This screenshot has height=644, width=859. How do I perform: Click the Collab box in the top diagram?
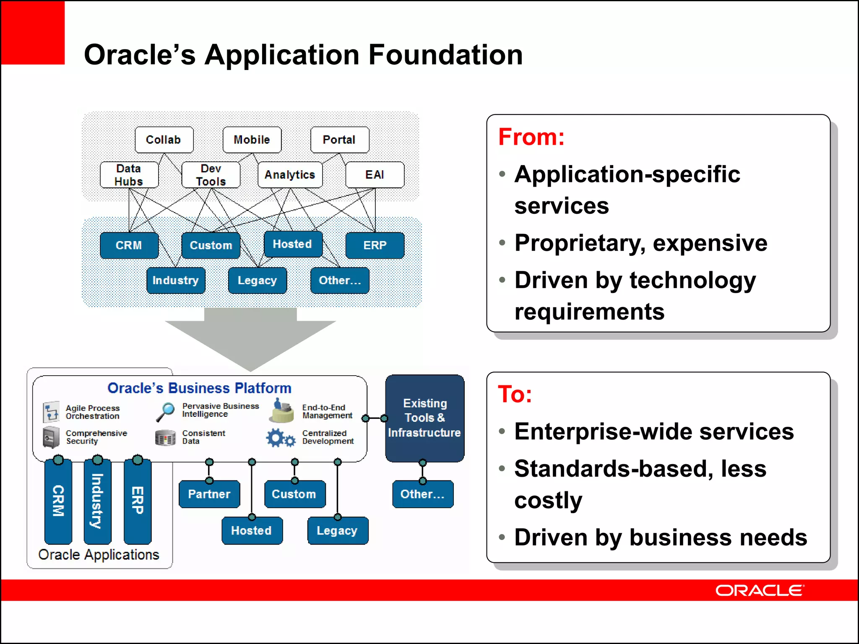click(x=164, y=140)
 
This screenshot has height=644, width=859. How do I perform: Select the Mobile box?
click(x=252, y=140)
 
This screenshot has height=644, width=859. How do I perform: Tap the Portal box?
click(x=339, y=140)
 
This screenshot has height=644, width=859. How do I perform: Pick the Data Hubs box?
click(x=129, y=175)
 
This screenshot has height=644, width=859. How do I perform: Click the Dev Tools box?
click(x=211, y=175)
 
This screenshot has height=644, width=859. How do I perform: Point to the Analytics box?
click(x=290, y=175)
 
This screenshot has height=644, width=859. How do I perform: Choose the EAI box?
click(x=375, y=175)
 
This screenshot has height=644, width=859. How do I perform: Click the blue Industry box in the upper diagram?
click(x=176, y=280)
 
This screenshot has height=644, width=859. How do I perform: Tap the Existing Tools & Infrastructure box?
click(x=424, y=418)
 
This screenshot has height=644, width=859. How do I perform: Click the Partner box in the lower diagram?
click(x=209, y=494)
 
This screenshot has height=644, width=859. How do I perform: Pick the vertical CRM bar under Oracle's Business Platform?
click(x=58, y=501)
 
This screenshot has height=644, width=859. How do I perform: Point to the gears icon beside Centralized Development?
click(x=281, y=438)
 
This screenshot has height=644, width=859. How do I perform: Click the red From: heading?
click(x=531, y=137)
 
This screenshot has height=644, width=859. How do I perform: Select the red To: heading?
click(x=515, y=395)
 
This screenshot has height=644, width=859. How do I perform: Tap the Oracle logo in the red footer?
click(x=760, y=590)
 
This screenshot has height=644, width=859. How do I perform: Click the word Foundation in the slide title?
click(x=445, y=55)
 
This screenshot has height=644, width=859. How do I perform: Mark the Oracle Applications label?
click(x=99, y=555)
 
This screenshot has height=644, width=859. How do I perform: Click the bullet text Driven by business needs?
click(x=661, y=538)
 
